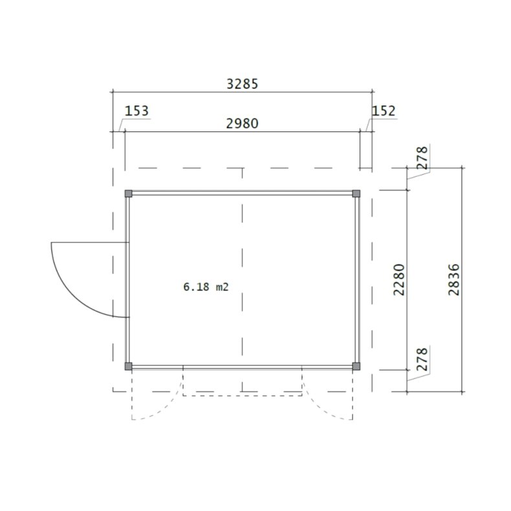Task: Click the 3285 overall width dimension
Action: click(243, 83)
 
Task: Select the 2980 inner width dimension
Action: click(243, 124)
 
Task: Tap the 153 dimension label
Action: click(136, 111)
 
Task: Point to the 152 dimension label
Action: click(383, 111)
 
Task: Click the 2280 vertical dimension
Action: click(399, 279)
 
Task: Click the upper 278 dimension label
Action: click(422, 158)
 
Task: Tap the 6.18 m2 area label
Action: click(206, 287)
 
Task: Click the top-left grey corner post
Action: click(128, 193)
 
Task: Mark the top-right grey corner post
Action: click(356, 193)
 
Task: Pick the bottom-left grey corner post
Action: click(128, 366)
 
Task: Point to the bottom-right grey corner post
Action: click(356, 366)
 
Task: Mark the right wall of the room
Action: click(356, 279)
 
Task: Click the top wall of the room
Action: click(243, 192)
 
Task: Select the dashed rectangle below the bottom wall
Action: click(243, 395)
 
